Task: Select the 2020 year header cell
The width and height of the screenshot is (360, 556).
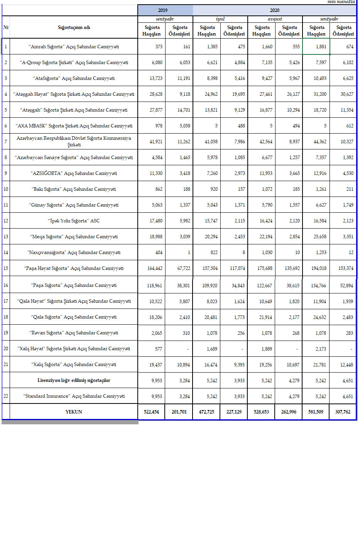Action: tap(274, 10)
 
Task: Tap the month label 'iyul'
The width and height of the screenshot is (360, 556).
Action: tap(220, 19)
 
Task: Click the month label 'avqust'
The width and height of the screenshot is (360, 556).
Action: tap(275, 19)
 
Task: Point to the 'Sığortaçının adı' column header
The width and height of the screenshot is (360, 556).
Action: tap(74, 27)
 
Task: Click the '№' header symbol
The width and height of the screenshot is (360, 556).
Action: tap(6, 27)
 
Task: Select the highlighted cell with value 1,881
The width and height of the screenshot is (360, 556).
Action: tap(316, 47)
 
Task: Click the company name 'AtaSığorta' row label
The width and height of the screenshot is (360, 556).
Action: tap(74, 78)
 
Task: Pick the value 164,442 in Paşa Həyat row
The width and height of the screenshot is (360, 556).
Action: tap(155, 268)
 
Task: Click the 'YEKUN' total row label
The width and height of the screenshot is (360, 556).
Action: tap(74, 412)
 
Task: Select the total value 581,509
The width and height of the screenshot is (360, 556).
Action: tap(316, 412)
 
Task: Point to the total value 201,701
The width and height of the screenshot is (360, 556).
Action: tap(179, 412)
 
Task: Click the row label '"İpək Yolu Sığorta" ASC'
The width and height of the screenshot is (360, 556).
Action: tap(74, 221)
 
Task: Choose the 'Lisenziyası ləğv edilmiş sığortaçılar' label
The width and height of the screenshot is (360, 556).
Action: tap(74, 380)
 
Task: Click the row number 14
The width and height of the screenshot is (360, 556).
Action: tap(6, 253)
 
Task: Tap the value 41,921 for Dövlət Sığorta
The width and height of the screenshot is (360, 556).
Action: tap(156, 142)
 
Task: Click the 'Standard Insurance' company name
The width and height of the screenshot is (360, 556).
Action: tap(74, 396)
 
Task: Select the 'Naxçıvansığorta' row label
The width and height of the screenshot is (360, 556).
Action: tap(74, 253)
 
